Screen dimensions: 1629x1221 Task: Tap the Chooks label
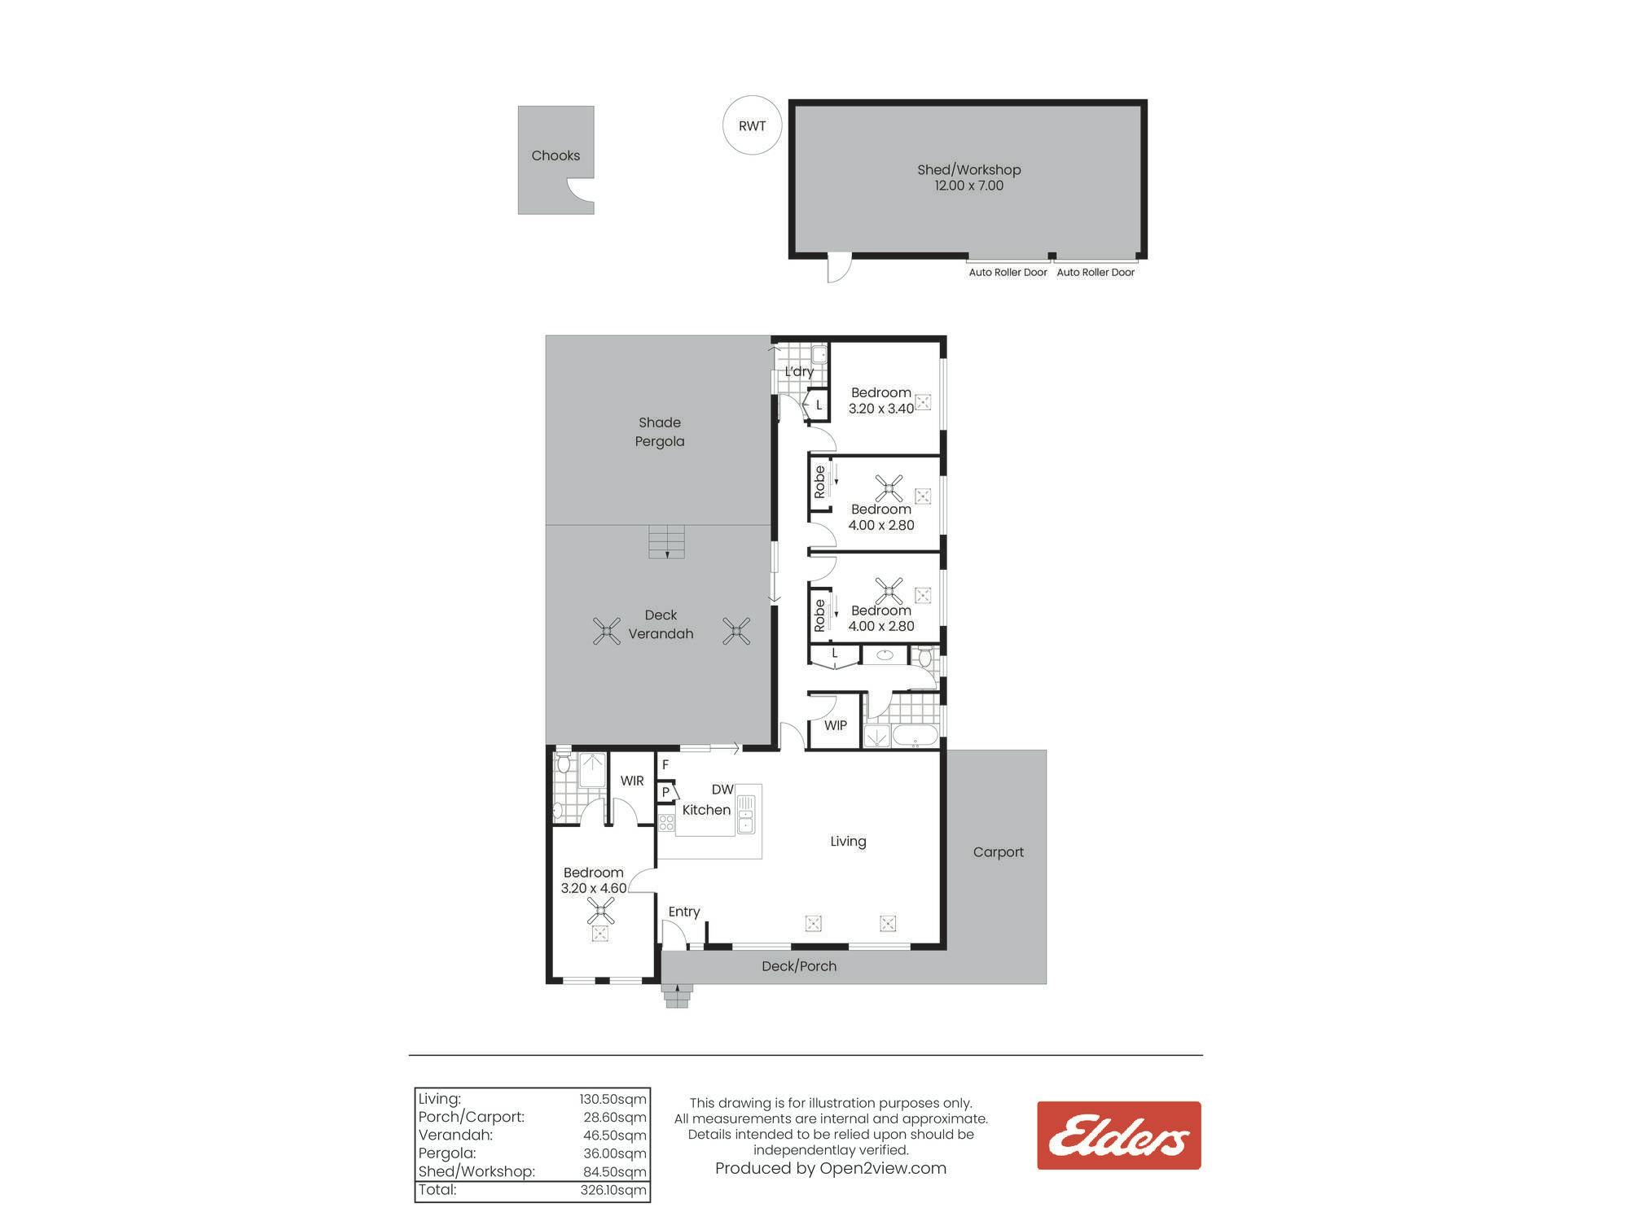click(555, 155)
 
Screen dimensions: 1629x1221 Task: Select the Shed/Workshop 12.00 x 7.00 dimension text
click(968, 186)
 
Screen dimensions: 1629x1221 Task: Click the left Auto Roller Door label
click(1008, 273)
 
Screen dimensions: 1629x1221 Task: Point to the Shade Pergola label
click(660, 431)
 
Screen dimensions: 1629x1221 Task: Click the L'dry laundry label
click(799, 371)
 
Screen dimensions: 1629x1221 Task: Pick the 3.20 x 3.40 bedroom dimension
click(881, 409)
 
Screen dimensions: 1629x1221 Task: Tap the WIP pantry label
click(836, 725)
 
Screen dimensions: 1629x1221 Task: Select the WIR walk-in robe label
click(632, 781)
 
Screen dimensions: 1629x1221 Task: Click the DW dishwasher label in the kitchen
click(722, 790)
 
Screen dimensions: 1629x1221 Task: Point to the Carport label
click(998, 852)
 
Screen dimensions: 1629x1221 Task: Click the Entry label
click(684, 912)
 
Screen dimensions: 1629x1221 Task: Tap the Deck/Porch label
click(799, 966)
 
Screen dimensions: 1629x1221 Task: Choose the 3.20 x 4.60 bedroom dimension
click(594, 888)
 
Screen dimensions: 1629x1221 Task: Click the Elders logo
click(1118, 1136)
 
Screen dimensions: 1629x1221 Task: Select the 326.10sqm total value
click(613, 1190)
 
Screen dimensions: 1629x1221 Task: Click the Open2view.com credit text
click(883, 1169)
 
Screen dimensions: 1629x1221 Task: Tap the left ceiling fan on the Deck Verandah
click(607, 631)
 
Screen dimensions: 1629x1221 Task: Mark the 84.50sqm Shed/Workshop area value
click(616, 1172)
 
